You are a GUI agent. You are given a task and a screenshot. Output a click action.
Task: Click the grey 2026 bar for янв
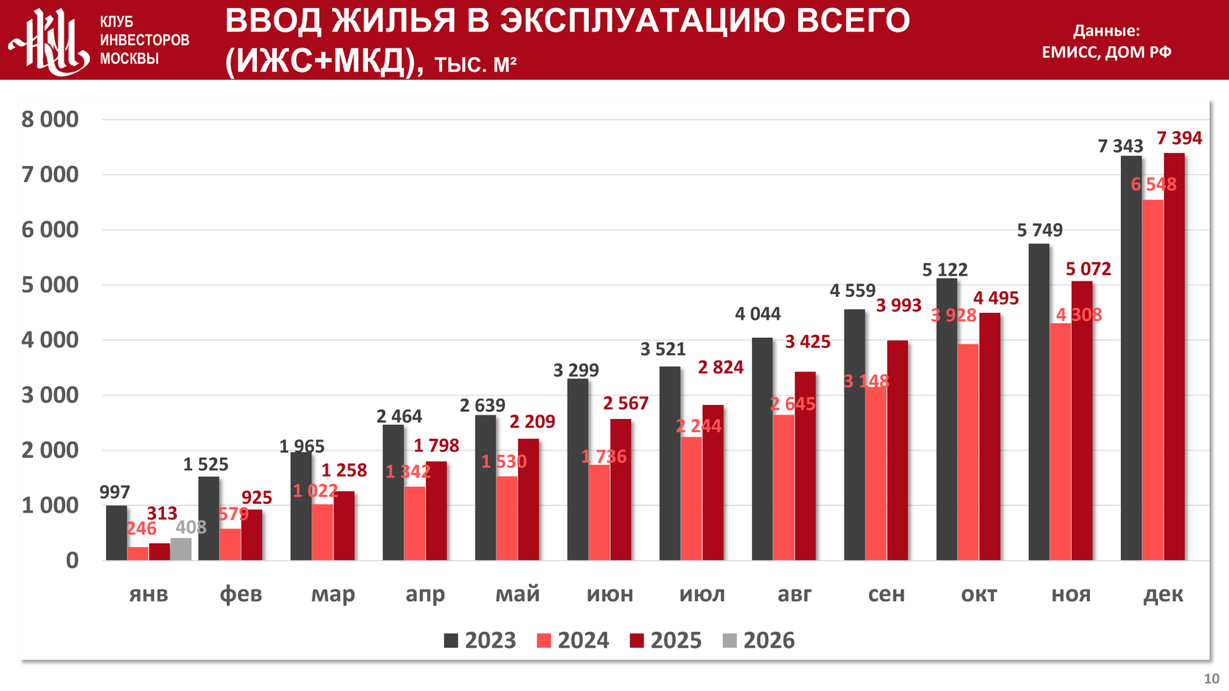point(181,549)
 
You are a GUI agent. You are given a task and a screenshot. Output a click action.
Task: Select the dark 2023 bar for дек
point(1131,358)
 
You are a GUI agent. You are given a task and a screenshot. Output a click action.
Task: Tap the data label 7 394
point(1179,138)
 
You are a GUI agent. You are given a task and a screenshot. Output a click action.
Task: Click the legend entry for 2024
point(573,641)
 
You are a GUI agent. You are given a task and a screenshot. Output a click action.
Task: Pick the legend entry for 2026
point(759,641)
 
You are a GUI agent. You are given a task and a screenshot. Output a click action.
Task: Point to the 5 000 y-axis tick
point(50,285)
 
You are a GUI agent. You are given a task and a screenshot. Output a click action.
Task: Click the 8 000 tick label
point(50,120)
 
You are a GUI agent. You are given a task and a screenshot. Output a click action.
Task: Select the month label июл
point(702,594)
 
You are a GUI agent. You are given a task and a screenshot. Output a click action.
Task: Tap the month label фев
point(241,594)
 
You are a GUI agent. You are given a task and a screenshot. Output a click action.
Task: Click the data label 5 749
point(1040,230)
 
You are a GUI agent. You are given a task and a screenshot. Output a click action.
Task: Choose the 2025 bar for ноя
point(1082,420)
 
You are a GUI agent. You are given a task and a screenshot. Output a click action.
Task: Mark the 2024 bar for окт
point(968,452)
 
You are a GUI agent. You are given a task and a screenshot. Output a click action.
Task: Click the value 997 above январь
point(115,492)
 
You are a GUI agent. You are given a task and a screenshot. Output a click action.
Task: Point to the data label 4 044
point(758,314)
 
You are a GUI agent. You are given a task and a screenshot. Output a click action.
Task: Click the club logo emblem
point(50,41)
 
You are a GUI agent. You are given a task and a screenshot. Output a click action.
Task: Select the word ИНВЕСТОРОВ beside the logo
point(144,40)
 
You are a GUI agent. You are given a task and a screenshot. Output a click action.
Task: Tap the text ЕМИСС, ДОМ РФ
point(1106,52)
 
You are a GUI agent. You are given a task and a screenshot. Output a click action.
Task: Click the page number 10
point(1211,679)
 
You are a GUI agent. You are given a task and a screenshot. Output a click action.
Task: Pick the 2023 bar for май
point(485,488)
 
